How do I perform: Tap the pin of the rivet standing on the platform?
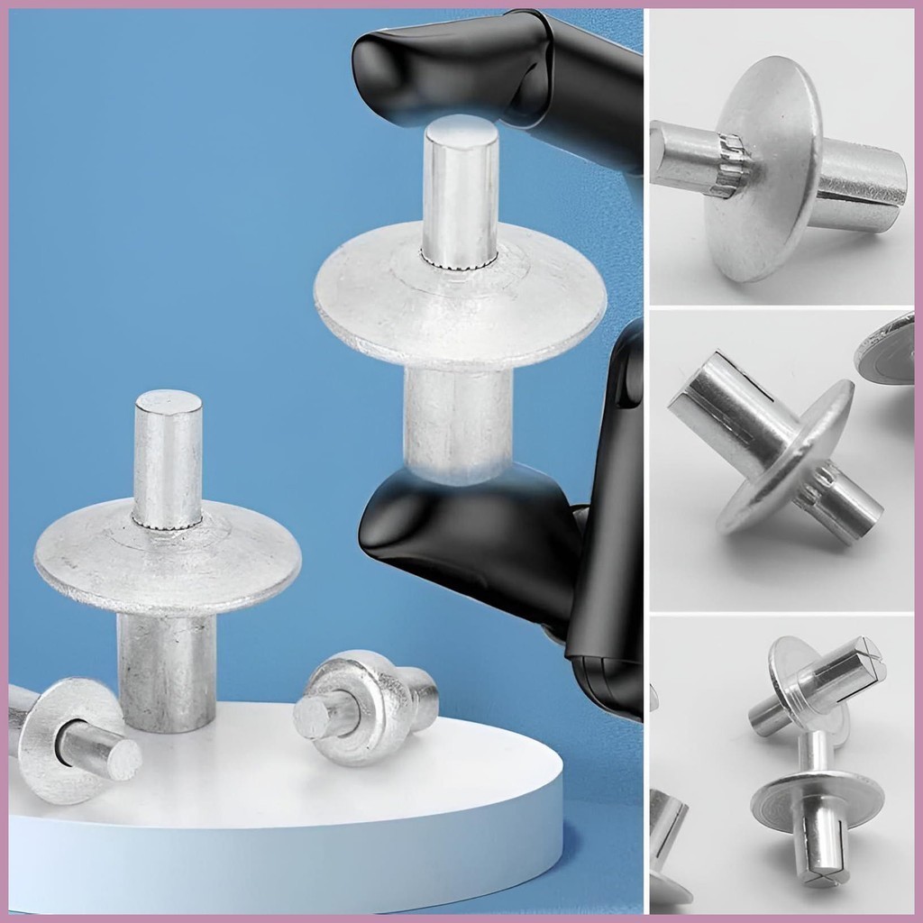(168, 451)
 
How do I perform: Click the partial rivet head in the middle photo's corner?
(888, 347)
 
